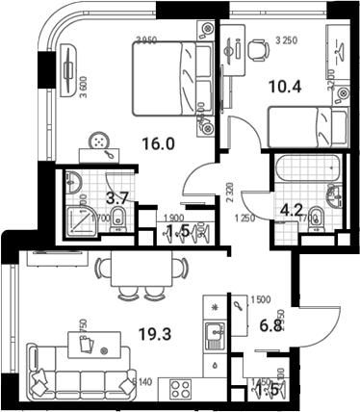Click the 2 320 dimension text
(228, 198)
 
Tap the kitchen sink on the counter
(213, 336)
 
